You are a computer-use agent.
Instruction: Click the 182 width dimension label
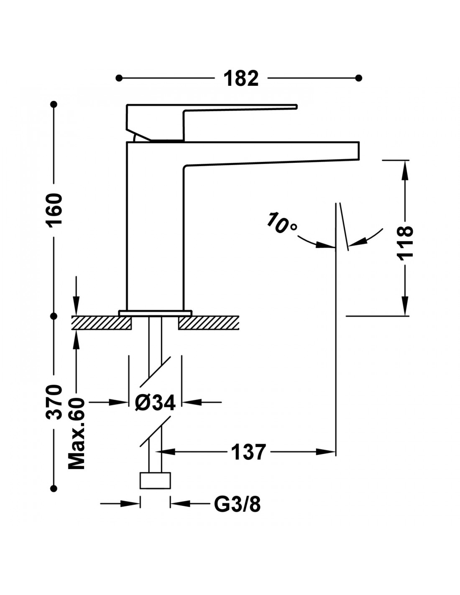pos(241,78)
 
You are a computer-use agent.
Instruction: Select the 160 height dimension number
pos(54,210)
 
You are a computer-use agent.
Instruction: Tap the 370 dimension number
pos(54,402)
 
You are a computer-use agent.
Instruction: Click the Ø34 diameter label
pos(155,403)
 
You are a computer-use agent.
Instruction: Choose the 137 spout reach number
pos(248,452)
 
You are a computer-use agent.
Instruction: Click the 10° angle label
pos(282,223)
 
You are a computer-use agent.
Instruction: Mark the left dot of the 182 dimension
pos(119,78)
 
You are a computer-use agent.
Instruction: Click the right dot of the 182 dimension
pos(358,78)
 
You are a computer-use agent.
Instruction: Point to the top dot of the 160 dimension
pos(54,104)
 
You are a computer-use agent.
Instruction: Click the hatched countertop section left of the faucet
pos(101,323)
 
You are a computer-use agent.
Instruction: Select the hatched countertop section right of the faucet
pos(209,323)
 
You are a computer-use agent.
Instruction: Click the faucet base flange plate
pos(155,313)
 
